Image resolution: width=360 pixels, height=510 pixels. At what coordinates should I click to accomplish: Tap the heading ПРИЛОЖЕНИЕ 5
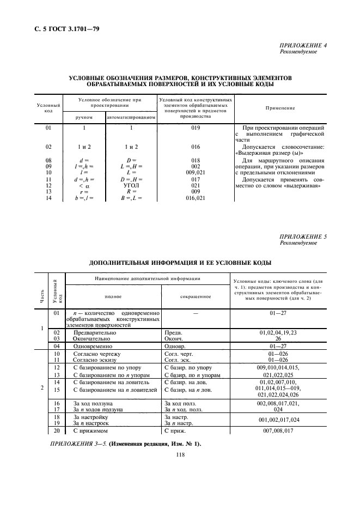303,237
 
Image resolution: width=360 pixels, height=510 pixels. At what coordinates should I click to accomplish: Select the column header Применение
280,108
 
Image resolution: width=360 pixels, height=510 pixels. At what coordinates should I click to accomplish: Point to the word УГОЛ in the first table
131,185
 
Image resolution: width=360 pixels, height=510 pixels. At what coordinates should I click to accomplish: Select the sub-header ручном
84,117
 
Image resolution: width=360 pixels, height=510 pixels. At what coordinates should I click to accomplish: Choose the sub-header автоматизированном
131,117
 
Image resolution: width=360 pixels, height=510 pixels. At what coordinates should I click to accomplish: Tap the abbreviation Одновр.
175,345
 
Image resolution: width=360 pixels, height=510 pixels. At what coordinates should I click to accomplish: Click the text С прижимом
89,430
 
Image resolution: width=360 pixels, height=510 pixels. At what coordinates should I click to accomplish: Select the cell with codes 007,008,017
279,430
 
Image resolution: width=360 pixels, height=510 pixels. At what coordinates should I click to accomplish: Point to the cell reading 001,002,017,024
279,420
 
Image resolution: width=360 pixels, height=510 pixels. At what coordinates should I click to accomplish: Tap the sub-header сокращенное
195,296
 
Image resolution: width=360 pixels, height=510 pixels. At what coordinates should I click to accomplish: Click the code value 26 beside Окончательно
279,338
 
